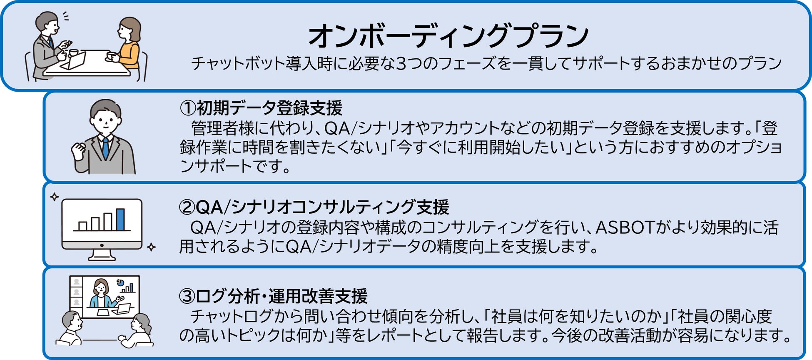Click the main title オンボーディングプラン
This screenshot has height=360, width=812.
point(448,36)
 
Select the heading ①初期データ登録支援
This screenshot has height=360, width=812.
point(261,108)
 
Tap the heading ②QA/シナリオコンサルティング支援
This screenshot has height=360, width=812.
point(314,207)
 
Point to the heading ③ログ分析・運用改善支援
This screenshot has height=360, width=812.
point(273,296)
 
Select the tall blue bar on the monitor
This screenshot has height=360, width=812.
point(120,219)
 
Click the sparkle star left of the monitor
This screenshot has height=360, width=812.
point(54,197)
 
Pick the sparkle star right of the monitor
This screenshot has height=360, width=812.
point(152,247)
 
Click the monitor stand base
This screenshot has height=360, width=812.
point(102,256)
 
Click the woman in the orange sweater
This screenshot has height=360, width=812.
point(128,44)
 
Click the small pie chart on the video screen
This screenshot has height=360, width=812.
point(120,282)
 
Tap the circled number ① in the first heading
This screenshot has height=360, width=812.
point(187,108)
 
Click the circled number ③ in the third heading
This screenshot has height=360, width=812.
point(187,296)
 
